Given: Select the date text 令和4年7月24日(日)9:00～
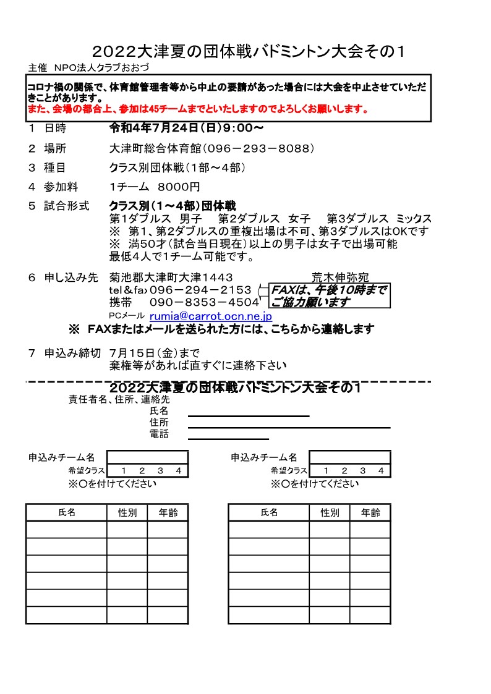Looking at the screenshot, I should (x=187, y=129).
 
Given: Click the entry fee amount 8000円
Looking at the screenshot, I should (x=179, y=187).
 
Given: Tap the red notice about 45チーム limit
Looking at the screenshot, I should (x=199, y=111).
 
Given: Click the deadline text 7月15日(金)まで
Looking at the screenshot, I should (x=154, y=353).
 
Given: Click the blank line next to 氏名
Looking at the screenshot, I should (x=248, y=416).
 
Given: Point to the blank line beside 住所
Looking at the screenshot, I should (x=289, y=427).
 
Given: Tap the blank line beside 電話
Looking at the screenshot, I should (x=228, y=438).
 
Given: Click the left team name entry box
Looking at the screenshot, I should (x=147, y=457).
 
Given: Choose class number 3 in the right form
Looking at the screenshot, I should (x=363, y=471).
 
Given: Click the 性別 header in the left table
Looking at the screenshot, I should (x=127, y=513).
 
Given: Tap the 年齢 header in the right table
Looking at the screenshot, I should (x=370, y=513).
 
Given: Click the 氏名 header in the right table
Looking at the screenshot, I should (x=269, y=513).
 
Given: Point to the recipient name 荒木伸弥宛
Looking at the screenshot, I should (x=340, y=277).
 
